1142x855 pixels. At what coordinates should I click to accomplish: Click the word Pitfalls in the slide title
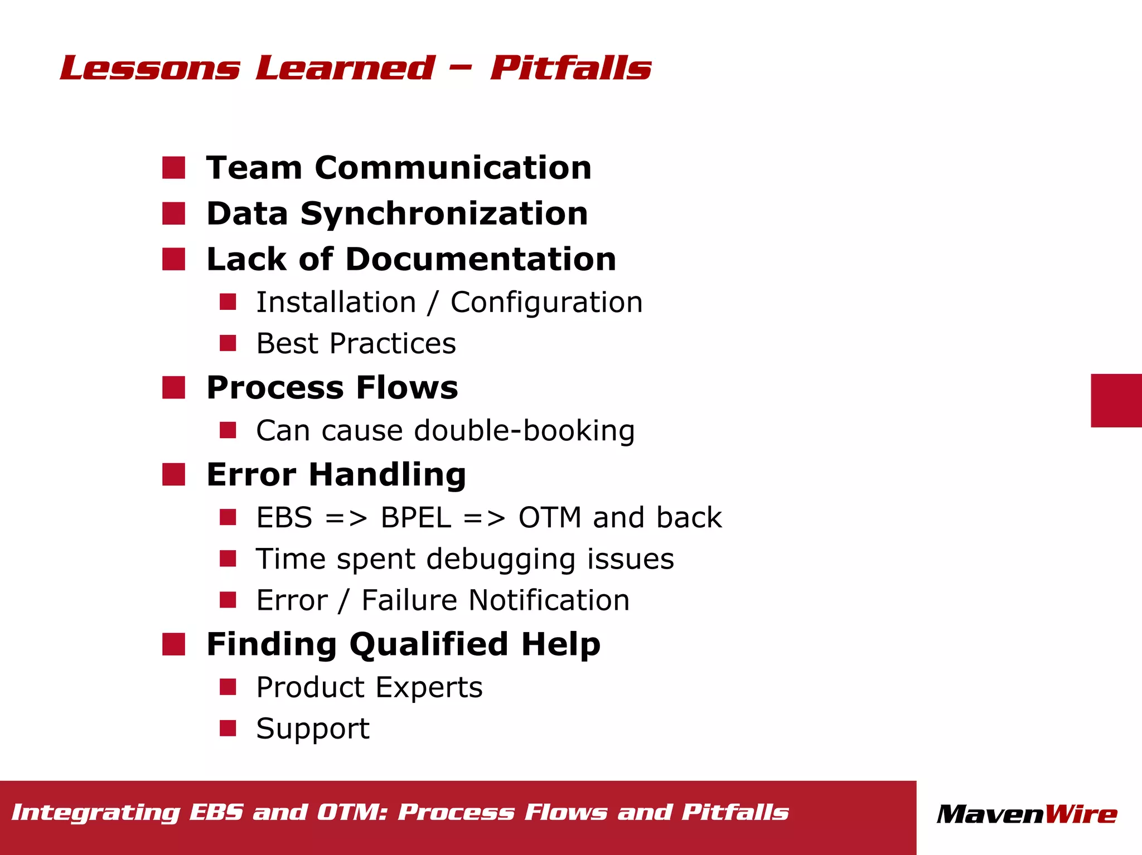(x=570, y=68)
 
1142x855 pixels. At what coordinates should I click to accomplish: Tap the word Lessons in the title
(x=150, y=68)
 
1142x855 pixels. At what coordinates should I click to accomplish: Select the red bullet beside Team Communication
(x=173, y=168)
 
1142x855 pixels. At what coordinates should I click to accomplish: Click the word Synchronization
(x=444, y=213)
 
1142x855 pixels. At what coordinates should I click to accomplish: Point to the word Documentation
(x=481, y=259)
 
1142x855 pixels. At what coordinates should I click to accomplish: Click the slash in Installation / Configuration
(x=433, y=303)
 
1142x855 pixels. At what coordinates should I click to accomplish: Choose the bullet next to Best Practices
(x=228, y=343)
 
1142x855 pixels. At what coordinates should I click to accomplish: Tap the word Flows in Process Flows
(x=407, y=387)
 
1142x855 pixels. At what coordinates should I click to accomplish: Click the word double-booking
(x=524, y=430)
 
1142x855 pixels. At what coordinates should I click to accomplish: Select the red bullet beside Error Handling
(x=173, y=474)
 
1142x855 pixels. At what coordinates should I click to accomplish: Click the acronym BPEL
(x=415, y=517)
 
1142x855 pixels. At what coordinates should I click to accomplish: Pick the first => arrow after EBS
(x=346, y=518)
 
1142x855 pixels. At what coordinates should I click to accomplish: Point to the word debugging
(x=500, y=559)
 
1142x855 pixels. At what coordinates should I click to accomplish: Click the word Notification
(x=549, y=600)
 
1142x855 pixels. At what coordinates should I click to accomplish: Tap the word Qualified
(x=428, y=644)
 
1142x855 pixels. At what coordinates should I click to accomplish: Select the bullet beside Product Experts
(x=228, y=687)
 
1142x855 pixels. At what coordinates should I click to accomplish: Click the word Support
(x=313, y=728)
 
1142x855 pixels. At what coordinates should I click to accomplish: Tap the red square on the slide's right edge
(x=1116, y=400)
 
